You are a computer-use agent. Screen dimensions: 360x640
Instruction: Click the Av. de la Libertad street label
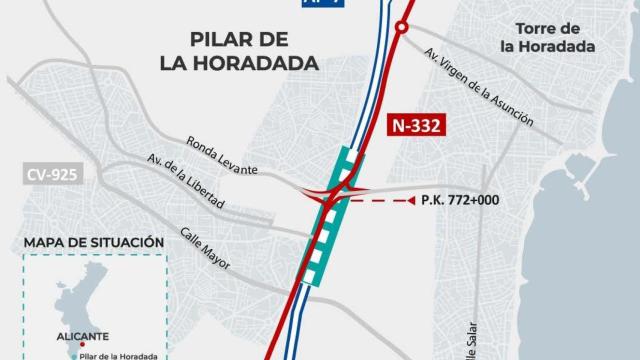pyautogui.click(x=184, y=182)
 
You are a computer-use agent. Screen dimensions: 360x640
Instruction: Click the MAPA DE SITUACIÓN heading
pyautogui.click(x=92, y=242)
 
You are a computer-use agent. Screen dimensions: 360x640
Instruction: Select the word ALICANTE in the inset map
pyautogui.click(x=86, y=336)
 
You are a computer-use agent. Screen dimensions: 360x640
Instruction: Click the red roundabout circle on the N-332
pyautogui.click(x=402, y=29)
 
